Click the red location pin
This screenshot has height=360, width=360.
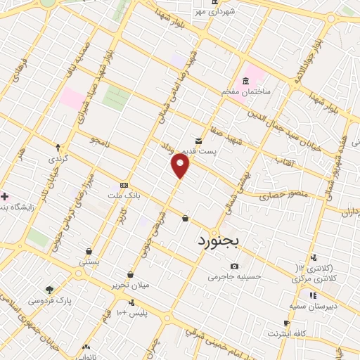point(181,166)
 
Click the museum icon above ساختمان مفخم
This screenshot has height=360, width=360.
point(245,80)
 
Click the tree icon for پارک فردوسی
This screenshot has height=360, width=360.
point(50,289)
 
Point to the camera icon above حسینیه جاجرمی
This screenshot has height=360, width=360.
point(234,266)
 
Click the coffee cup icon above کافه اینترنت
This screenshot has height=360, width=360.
point(285,323)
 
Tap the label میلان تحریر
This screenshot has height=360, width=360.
point(129,285)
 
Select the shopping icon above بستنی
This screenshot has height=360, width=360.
point(89,251)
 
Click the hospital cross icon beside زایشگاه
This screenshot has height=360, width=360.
point(5,195)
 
